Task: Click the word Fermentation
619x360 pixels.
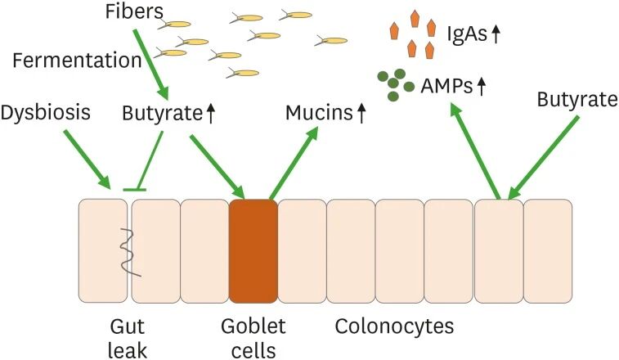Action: coord(78,61)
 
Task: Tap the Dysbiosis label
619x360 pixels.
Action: coord(45,113)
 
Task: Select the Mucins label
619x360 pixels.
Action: coord(318,113)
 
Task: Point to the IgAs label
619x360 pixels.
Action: coord(467,34)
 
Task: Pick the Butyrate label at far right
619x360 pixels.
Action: coord(576,100)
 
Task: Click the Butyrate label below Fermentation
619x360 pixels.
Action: coord(161,113)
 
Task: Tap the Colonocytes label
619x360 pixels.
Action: coord(394,326)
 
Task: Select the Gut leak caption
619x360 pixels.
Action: coord(128,338)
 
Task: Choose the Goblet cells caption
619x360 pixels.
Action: coord(253,338)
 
